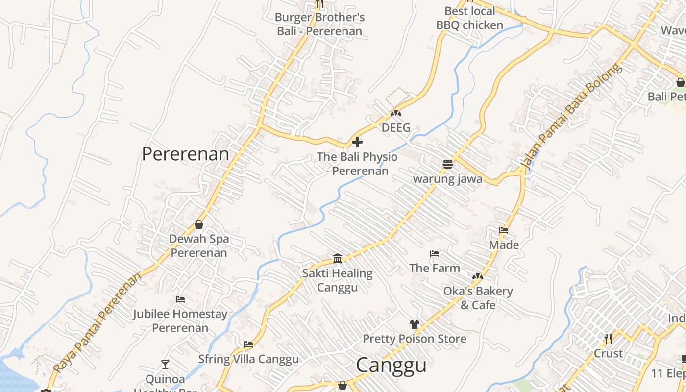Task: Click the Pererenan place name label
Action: point(185,154)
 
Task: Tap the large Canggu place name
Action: point(391,366)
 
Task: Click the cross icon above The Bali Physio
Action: point(357,143)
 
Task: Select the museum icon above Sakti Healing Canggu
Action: point(338,258)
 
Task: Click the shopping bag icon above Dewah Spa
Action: point(199,224)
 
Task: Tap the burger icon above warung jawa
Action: point(447,164)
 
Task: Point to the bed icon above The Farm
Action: point(434,254)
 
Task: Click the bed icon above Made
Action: point(504,230)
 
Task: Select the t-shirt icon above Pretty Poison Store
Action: point(415,324)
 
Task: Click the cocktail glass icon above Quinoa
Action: point(165,364)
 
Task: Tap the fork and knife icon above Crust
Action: point(608,339)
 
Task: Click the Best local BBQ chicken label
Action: point(469,18)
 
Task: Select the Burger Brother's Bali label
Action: point(319,24)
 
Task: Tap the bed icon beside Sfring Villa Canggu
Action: point(248,344)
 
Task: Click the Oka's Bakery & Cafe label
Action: point(478,298)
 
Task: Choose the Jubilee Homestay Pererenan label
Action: point(180,320)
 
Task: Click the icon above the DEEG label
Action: point(396,114)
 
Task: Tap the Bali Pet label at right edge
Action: point(666,97)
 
